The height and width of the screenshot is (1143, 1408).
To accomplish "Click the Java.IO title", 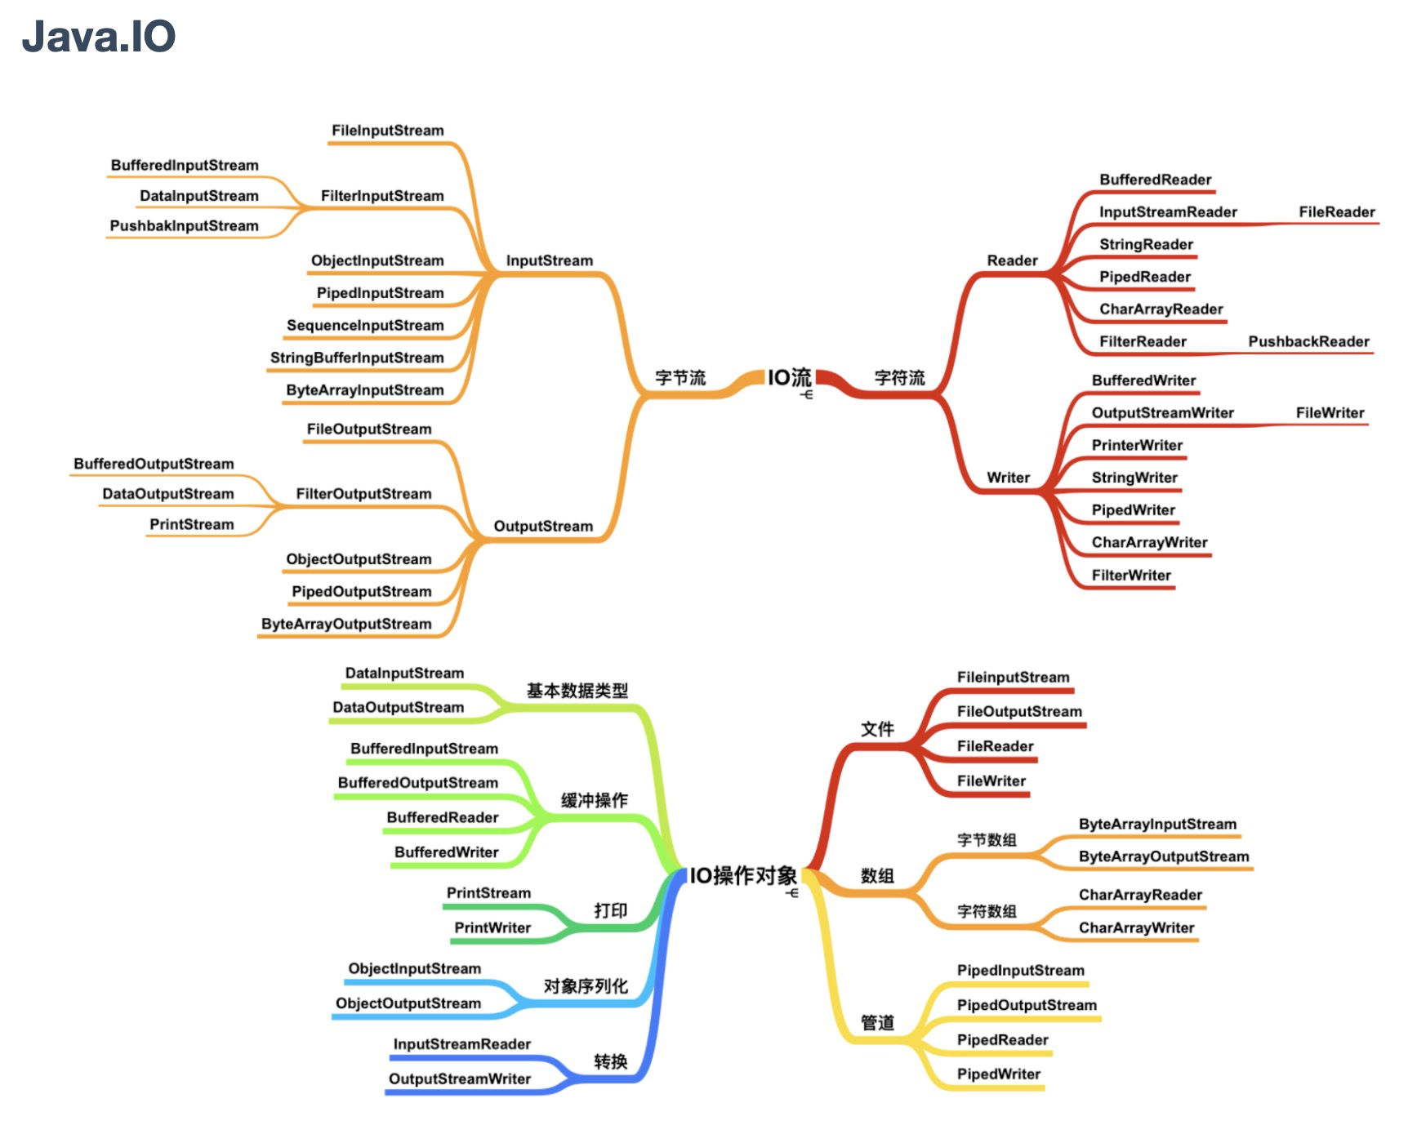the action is pos(98,37).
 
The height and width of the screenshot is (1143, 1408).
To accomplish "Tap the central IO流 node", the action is pos(789,377).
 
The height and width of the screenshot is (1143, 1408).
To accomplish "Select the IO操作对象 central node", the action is pos(742,876).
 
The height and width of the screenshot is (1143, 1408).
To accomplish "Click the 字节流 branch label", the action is pos(679,378).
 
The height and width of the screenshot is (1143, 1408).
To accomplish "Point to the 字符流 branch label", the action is pos(899,378).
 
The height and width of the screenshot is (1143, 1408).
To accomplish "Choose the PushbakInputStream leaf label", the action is pos(184,226).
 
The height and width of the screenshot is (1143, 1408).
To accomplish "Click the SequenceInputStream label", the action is pos(365,325).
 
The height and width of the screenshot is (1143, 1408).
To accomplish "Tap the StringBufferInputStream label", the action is pos(357,358).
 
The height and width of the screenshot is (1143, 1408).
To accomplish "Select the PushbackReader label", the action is pos(1308,341).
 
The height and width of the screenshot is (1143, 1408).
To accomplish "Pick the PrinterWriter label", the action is pos(1137,445).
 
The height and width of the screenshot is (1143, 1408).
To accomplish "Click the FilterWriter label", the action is pos(1131,576).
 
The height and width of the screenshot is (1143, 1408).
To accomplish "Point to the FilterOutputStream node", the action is pos(363,494).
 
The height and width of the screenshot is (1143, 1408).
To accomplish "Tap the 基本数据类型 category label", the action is pos(577,691).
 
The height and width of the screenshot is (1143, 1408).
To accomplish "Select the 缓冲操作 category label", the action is pos(594,800).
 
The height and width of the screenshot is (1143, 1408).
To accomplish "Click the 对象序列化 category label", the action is pos(586,986).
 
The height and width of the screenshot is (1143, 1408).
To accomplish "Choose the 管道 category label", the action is pos(877,1023).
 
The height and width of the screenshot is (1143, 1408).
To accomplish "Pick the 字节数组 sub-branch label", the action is pos(987,840).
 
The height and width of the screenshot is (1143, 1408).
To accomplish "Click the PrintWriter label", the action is pos(492,927).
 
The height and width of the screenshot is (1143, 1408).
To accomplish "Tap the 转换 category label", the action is pos(610,1061).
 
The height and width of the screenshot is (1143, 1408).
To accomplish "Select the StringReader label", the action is pos(1146,244).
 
